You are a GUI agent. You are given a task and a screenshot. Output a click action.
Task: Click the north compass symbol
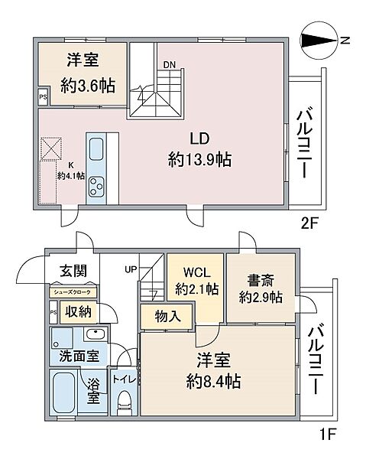point(318,41)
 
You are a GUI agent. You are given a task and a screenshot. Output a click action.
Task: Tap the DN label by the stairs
point(170,64)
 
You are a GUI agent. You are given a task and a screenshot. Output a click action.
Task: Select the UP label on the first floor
point(131,269)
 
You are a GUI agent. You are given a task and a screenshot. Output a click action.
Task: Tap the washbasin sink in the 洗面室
point(96,334)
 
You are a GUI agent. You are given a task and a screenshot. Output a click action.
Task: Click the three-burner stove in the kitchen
point(96,186)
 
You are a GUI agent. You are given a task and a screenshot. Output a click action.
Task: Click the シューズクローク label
point(72,292)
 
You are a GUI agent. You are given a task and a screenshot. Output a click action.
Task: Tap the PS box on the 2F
point(44,96)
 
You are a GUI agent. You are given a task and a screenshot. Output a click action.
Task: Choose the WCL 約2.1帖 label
point(196,281)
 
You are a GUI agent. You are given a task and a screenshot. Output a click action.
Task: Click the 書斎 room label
point(261,280)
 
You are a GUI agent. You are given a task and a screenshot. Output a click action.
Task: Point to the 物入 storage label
point(168,317)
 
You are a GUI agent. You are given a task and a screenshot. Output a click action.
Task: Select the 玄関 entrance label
point(73,271)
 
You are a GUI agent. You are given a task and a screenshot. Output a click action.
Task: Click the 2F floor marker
point(309,224)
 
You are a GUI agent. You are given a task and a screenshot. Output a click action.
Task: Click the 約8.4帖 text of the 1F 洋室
point(214,382)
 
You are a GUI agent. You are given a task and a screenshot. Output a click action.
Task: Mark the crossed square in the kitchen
point(51,148)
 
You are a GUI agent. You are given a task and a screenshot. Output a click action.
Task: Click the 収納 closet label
point(78,312)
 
